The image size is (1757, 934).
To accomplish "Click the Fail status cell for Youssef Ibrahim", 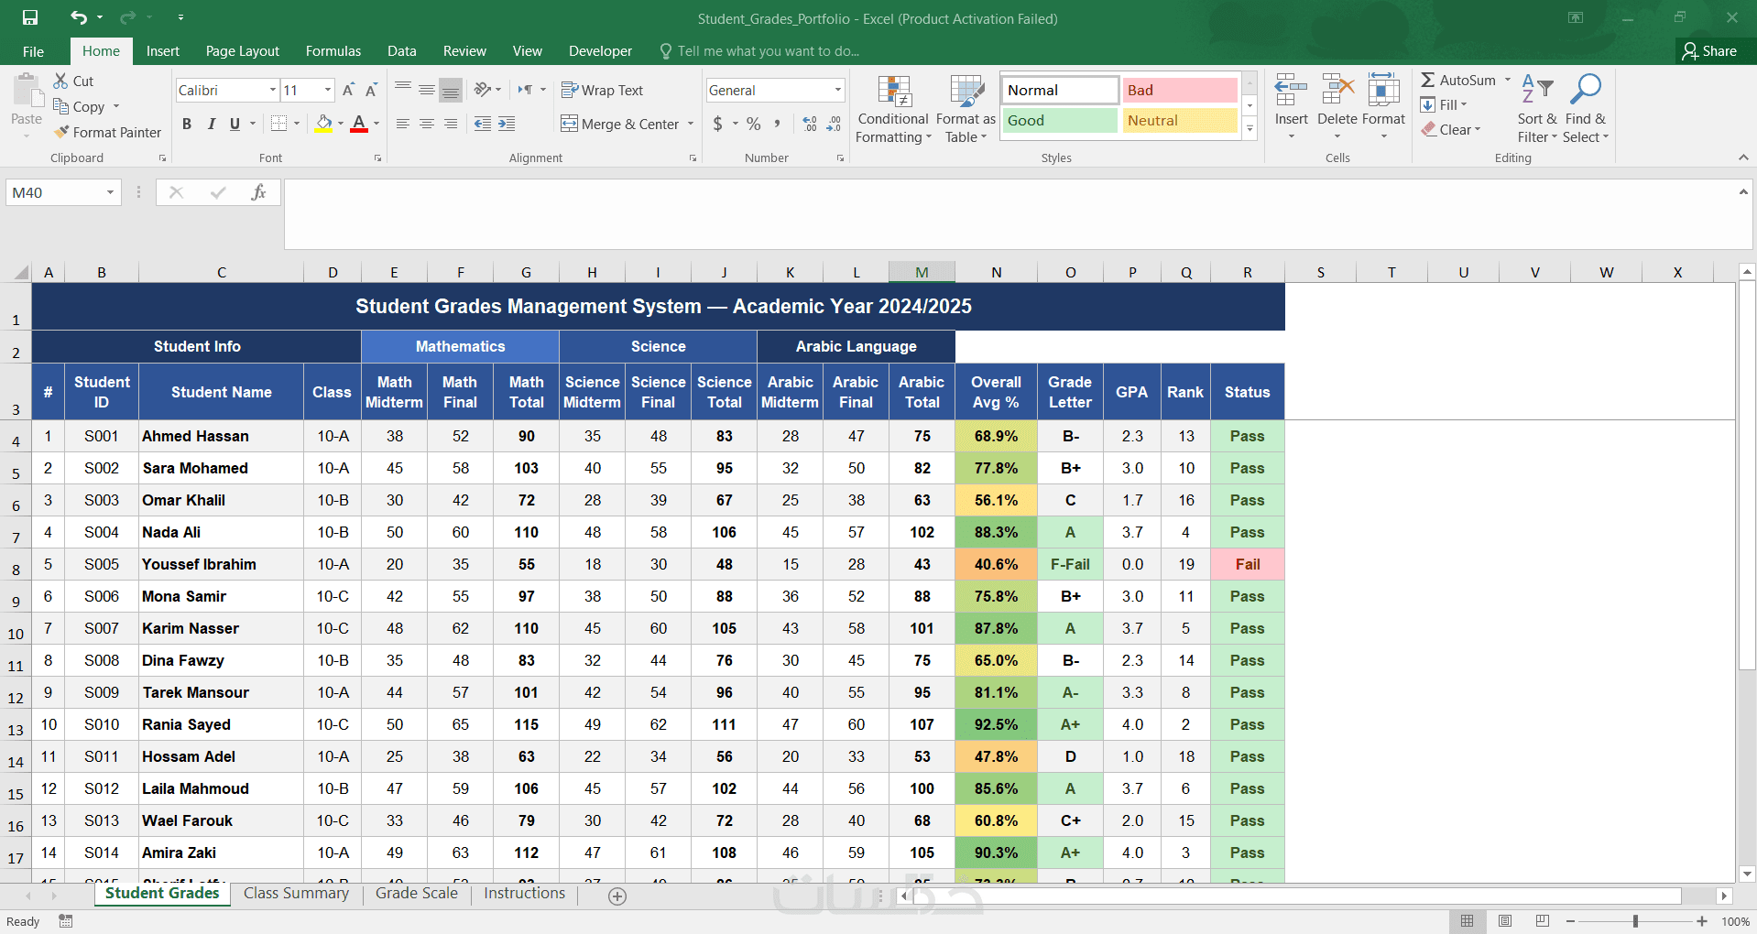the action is pyautogui.click(x=1247, y=564).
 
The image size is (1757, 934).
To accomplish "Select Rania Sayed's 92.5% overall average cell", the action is pyautogui.click(x=996, y=724).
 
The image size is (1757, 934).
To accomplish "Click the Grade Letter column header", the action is pyautogui.click(x=1070, y=392).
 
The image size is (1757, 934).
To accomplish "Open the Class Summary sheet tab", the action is pyautogui.click(x=296, y=894).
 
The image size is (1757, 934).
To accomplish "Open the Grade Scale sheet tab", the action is pyautogui.click(x=417, y=894).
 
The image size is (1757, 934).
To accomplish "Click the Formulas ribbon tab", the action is pyautogui.click(x=333, y=51).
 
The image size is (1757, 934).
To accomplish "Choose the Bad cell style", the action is pyautogui.click(x=1180, y=90).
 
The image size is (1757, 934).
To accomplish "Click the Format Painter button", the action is pyautogui.click(x=107, y=133).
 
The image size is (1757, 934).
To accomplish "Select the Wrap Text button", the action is pyautogui.click(x=602, y=90).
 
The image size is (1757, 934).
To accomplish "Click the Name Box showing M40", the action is pyautogui.click(x=63, y=192).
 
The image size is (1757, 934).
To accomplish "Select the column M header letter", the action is pyautogui.click(x=922, y=272).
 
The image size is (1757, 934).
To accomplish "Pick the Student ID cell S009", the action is pyautogui.click(x=102, y=692).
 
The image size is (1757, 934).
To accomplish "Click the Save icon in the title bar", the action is pyautogui.click(x=30, y=17).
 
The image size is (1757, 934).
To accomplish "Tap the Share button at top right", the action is pyautogui.click(x=1709, y=51).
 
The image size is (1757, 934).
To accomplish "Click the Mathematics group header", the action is pyautogui.click(x=460, y=346).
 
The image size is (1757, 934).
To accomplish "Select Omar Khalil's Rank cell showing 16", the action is pyautogui.click(x=1185, y=500).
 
